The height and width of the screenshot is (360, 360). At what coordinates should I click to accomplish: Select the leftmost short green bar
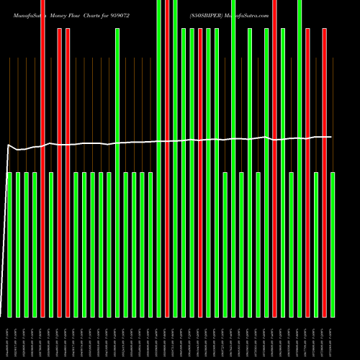[9, 245]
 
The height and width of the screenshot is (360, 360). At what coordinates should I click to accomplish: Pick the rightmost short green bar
[333, 245]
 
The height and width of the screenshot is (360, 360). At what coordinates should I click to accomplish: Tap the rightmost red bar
[324, 173]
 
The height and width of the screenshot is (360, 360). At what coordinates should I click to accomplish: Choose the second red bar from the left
[59, 173]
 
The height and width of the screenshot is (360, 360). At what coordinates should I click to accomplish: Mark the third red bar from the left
[68, 173]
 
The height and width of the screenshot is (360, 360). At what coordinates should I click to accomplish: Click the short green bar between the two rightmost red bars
[316, 245]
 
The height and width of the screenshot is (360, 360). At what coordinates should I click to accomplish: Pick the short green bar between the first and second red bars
[51, 245]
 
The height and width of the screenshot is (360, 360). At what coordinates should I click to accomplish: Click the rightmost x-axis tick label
[333, 338]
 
